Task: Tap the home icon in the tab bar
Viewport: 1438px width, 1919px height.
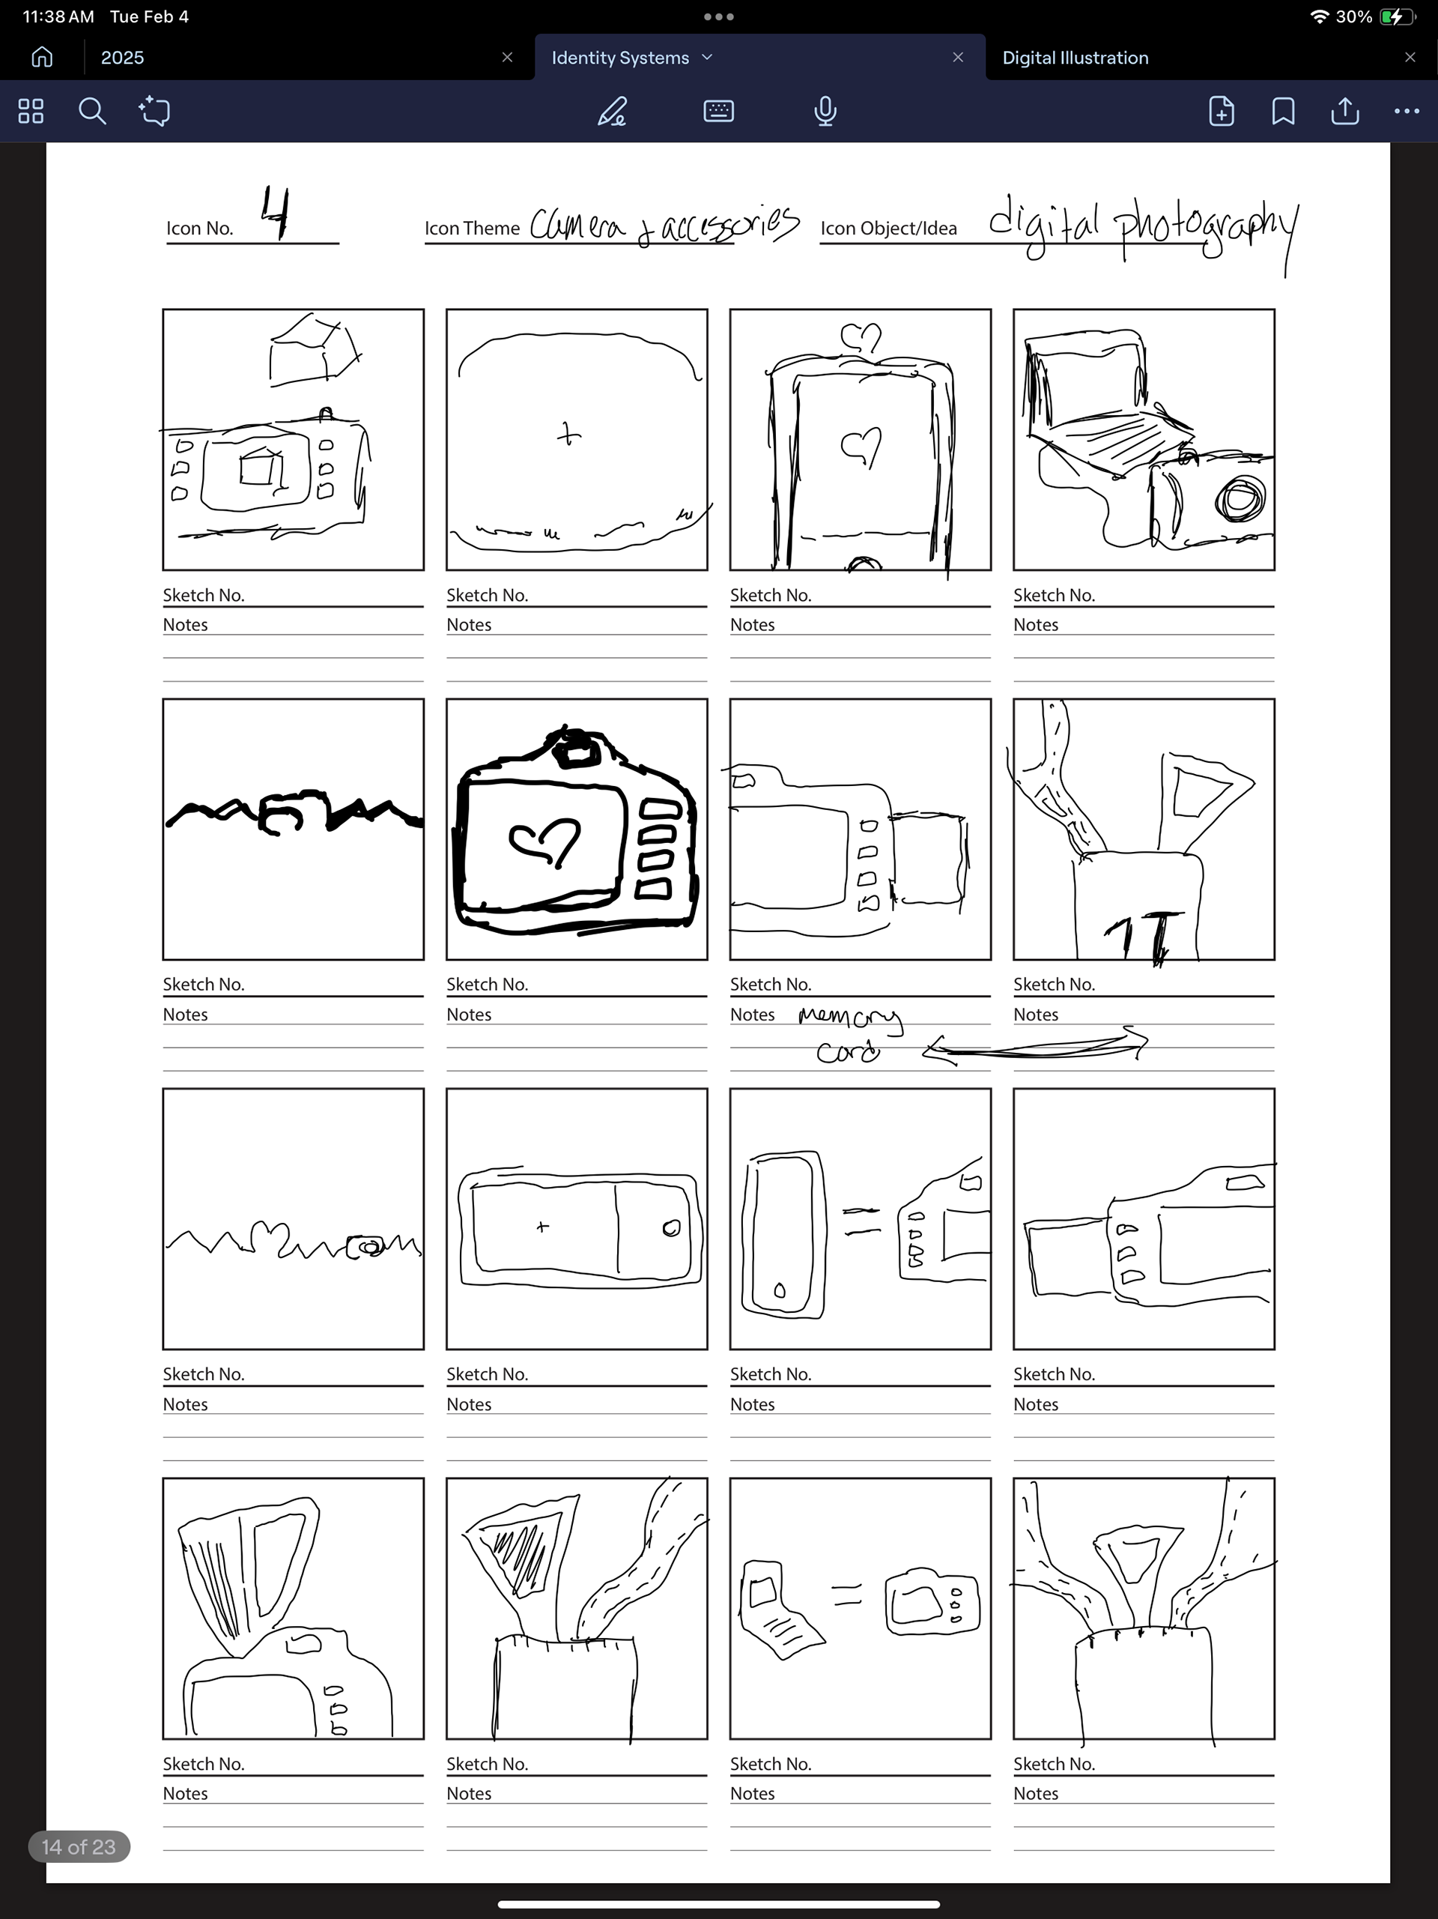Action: pyautogui.click(x=42, y=57)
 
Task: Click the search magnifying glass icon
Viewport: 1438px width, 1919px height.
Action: pyautogui.click(x=92, y=111)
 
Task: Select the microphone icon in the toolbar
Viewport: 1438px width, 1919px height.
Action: pyautogui.click(x=825, y=111)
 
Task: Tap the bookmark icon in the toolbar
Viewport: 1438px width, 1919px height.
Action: pyautogui.click(x=1283, y=111)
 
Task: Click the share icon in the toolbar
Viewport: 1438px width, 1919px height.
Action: pyautogui.click(x=1344, y=111)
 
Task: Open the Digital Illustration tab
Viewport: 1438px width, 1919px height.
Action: pyautogui.click(x=1075, y=57)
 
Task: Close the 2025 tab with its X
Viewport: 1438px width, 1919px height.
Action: pyautogui.click(x=507, y=57)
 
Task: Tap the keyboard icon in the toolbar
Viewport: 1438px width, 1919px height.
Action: pyautogui.click(x=718, y=111)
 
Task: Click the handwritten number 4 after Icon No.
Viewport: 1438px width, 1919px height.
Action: pyautogui.click(x=276, y=214)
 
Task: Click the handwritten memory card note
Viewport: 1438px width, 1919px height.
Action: pyautogui.click(x=849, y=1033)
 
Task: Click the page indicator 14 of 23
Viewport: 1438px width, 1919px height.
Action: pyautogui.click(x=79, y=1846)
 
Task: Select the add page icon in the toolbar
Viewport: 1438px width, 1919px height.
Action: pyautogui.click(x=1221, y=111)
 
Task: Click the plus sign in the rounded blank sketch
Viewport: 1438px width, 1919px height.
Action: pyautogui.click(x=568, y=434)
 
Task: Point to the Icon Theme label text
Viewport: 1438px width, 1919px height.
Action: pyautogui.click(x=472, y=228)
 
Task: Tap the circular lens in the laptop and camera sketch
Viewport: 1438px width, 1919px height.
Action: pyautogui.click(x=1240, y=500)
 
